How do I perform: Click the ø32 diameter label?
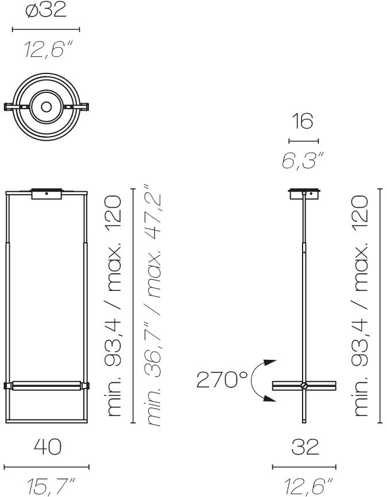(46, 10)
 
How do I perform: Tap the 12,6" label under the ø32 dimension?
(48, 50)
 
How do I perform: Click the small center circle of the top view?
(47, 107)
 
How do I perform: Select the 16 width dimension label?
(304, 121)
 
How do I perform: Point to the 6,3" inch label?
(303, 160)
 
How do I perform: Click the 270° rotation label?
(222, 379)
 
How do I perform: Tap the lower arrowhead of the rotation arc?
(270, 398)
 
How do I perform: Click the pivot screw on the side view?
(304, 386)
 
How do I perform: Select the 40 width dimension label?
(48, 446)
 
